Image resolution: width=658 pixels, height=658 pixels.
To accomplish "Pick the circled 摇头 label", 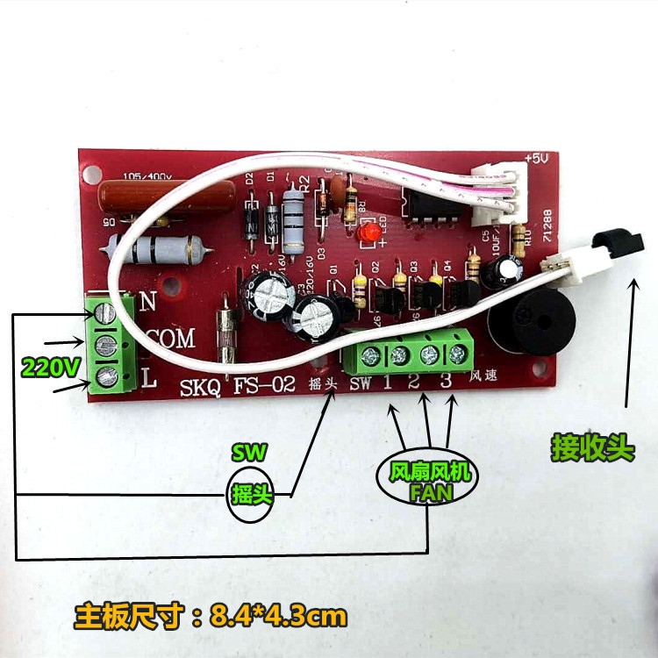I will pyautogui.click(x=253, y=496).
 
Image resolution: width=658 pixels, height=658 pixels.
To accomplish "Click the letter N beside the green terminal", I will pyautogui.click(x=147, y=300).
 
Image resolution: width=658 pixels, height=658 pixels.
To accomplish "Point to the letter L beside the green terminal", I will pyautogui.click(x=149, y=381).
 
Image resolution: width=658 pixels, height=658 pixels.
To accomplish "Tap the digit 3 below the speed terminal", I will pyautogui.click(x=446, y=382).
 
